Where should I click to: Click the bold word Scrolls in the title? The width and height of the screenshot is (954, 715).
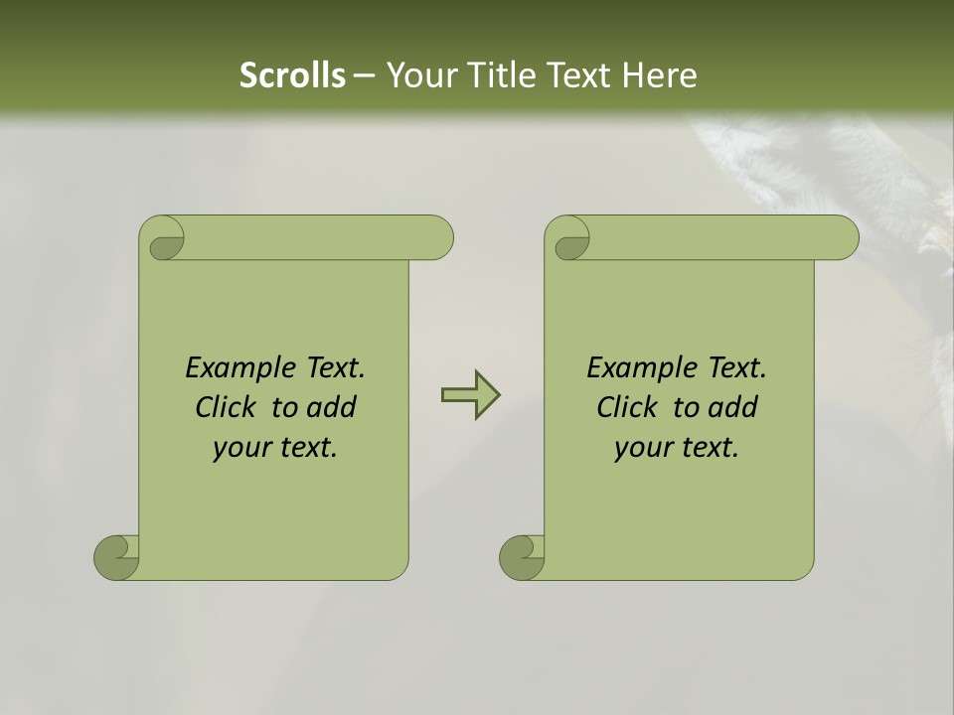(x=293, y=75)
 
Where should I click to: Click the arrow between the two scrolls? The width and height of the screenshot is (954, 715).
(x=470, y=395)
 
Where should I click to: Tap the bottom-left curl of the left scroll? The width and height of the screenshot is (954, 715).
(x=117, y=556)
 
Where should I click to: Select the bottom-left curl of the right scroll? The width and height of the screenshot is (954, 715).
(x=522, y=556)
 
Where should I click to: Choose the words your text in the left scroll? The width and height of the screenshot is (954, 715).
(x=275, y=448)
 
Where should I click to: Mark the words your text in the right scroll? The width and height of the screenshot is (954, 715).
(x=677, y=448)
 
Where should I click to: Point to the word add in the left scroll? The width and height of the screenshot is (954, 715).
(x=332, y=407)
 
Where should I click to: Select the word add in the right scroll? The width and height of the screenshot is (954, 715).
(x=733, y=407)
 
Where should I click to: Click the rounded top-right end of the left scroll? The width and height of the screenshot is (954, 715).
(x=437, y=237)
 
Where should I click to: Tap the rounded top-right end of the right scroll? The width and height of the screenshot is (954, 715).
(x=843, y=237)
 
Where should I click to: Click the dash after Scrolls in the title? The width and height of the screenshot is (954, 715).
(x=364, y=75)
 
